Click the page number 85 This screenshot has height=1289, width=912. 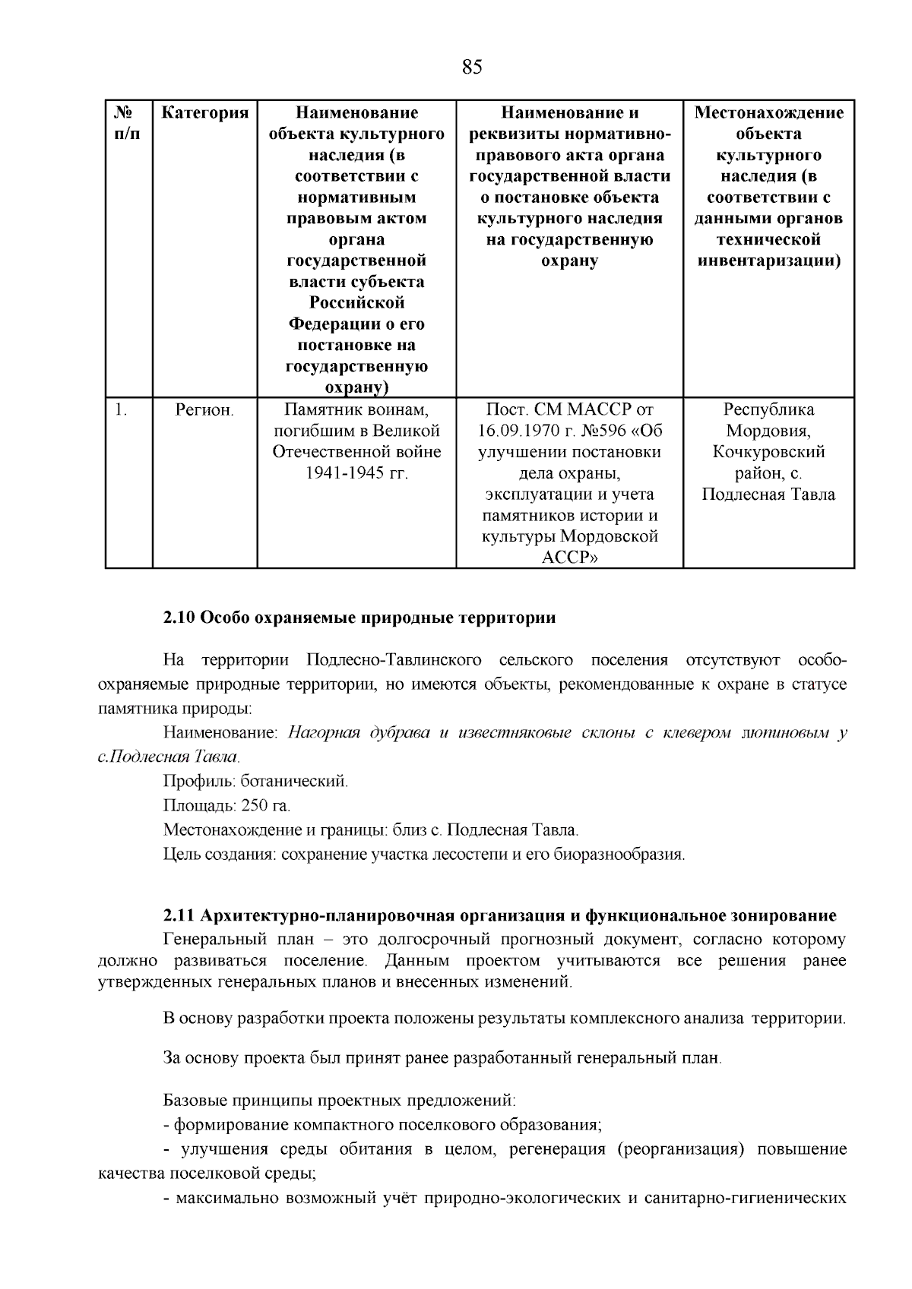click(x=471, y=68)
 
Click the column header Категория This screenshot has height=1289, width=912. click(x=204, y=113)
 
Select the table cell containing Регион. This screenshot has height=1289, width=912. click(x=204, y=410)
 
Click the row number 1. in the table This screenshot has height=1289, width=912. click(x=121, y=410)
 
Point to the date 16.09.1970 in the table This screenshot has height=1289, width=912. click(x=520, y=431)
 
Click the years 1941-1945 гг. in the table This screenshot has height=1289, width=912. click(x=356, y=473)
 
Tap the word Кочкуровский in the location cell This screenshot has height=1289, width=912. click(x=768, y=453)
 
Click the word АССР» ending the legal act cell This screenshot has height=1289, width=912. click(x=569, y=558)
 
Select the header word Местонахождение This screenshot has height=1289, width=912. click(x=769, y=113)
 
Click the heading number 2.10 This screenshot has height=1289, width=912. click(x=179, y=618)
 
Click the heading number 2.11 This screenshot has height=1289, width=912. click(x=179, y=916)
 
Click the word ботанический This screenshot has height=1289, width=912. click(x=294, y=782)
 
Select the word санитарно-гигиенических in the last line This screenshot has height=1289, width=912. click(x=745, y=1199)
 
